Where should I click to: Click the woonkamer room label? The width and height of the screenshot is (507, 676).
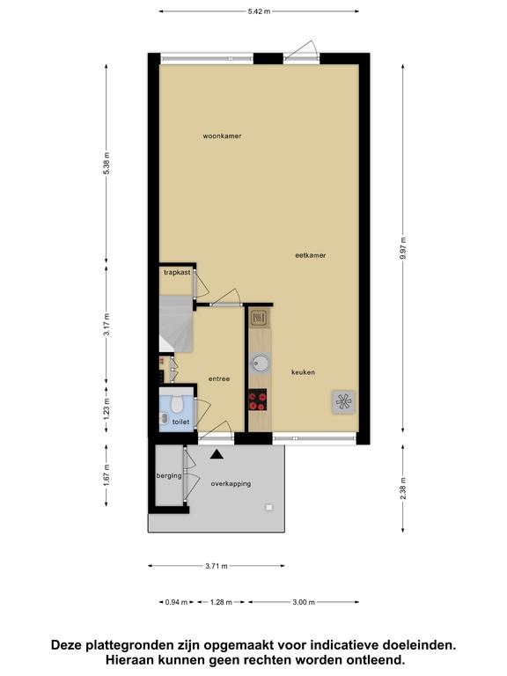[222, 136]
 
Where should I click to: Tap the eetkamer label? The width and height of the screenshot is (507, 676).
[311, 255]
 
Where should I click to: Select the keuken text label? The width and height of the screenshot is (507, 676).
[303, 372]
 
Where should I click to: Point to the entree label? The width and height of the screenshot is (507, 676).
[219, 379]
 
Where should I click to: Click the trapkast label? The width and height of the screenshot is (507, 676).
[177, 273]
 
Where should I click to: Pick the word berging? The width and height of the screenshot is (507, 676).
[169, 476]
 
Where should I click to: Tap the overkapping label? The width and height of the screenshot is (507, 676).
[231, 484]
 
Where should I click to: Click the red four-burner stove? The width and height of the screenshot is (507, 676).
[257, 400]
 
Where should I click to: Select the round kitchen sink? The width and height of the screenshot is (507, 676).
[260, 363]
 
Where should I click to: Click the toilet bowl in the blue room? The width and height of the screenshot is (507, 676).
[177, 404]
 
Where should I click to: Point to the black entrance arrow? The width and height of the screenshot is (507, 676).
[217, 454]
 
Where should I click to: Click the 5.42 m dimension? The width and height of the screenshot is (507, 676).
[259, 11]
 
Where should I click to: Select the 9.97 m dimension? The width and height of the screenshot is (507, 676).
[403, 248]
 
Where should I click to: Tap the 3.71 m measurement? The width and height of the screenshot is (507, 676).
[217, 566]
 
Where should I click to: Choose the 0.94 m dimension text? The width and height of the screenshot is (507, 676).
[176, 602]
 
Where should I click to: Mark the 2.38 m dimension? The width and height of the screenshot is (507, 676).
[403, 489]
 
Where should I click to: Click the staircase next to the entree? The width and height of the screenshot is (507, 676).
[176, 323]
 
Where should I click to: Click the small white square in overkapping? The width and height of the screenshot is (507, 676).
[269, 507]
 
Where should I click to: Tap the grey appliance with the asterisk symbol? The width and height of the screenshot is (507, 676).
[343, 401]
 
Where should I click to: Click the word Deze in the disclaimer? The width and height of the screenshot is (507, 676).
[67, 645]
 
